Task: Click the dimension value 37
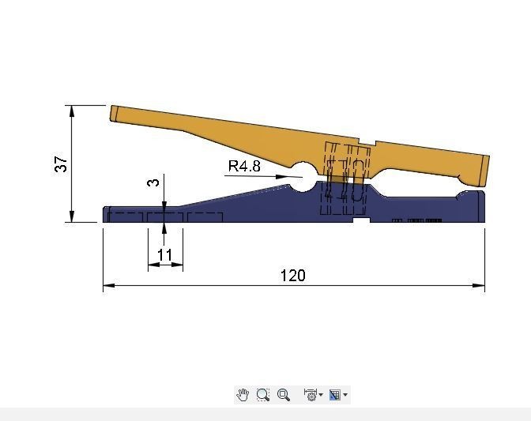(x=61, y=164)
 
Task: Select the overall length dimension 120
(x=293, y=276)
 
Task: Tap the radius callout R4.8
(x=244, y=166)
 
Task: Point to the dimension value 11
(x=165, y=255)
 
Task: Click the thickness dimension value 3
(x=153, y=182)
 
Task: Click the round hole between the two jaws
(x=303, y=177)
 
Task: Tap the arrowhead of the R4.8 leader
(x=284, y=177)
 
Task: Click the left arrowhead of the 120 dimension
(x=109, y=285)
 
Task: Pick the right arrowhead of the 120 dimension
(x=479, y=285)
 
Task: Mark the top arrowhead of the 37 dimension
(x=72, y=111)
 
